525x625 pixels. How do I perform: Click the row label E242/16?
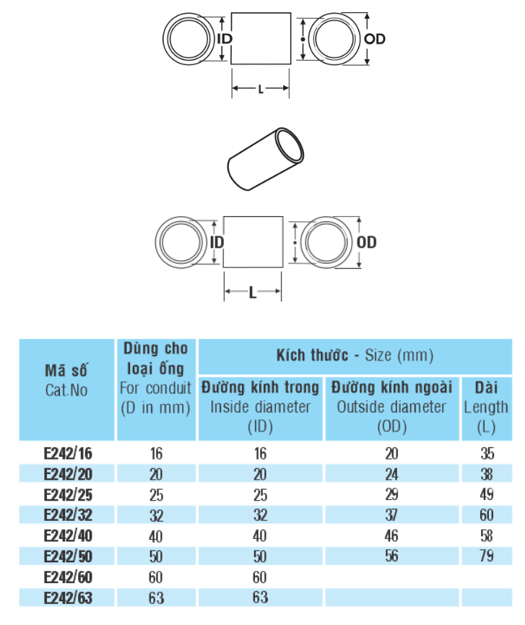coord(68,454)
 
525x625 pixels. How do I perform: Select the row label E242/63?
coord(68,598)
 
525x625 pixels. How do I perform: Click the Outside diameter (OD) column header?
coord(392,407)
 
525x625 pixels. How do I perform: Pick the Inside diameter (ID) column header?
coord(260,407)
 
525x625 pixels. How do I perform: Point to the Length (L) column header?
coord(486,407)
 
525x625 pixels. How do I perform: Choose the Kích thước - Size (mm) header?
coord(354,355)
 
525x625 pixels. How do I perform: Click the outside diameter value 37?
coord(392,516)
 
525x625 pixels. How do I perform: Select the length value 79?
coord(486,556)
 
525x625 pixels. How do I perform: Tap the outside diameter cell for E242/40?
coord(392,536)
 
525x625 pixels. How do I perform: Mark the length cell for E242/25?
coord(486,495)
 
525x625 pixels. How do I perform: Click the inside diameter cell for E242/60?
coord(260,577)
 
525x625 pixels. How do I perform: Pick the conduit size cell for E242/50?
coord(156,556)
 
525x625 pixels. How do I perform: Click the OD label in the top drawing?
coord(375,40)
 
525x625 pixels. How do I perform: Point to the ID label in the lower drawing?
coord(217,243)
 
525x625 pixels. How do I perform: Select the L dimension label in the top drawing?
coord(261,89)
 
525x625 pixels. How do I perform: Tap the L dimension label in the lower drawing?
coord(252,293)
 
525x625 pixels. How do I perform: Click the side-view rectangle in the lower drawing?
coord(252,242)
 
